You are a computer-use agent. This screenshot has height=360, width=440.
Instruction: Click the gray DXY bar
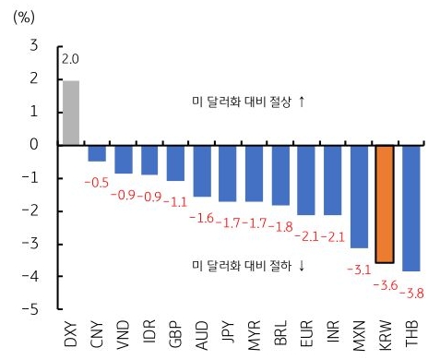coord(71,113)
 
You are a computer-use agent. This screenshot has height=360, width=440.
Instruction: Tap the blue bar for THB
coord(411,208)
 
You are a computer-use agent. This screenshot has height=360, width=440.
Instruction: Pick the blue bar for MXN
coord(359,196)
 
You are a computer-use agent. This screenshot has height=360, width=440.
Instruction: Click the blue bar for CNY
coord(97,153)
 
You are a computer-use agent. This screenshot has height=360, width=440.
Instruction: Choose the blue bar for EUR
coord(306,179)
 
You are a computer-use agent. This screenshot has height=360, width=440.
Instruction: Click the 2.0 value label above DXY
coord(71,60)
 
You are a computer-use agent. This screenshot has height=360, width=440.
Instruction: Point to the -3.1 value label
coord(353,269)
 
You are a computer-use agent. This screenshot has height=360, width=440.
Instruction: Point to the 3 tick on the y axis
coord(35,45)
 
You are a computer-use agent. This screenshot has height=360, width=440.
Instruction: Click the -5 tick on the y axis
coord(32,309)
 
